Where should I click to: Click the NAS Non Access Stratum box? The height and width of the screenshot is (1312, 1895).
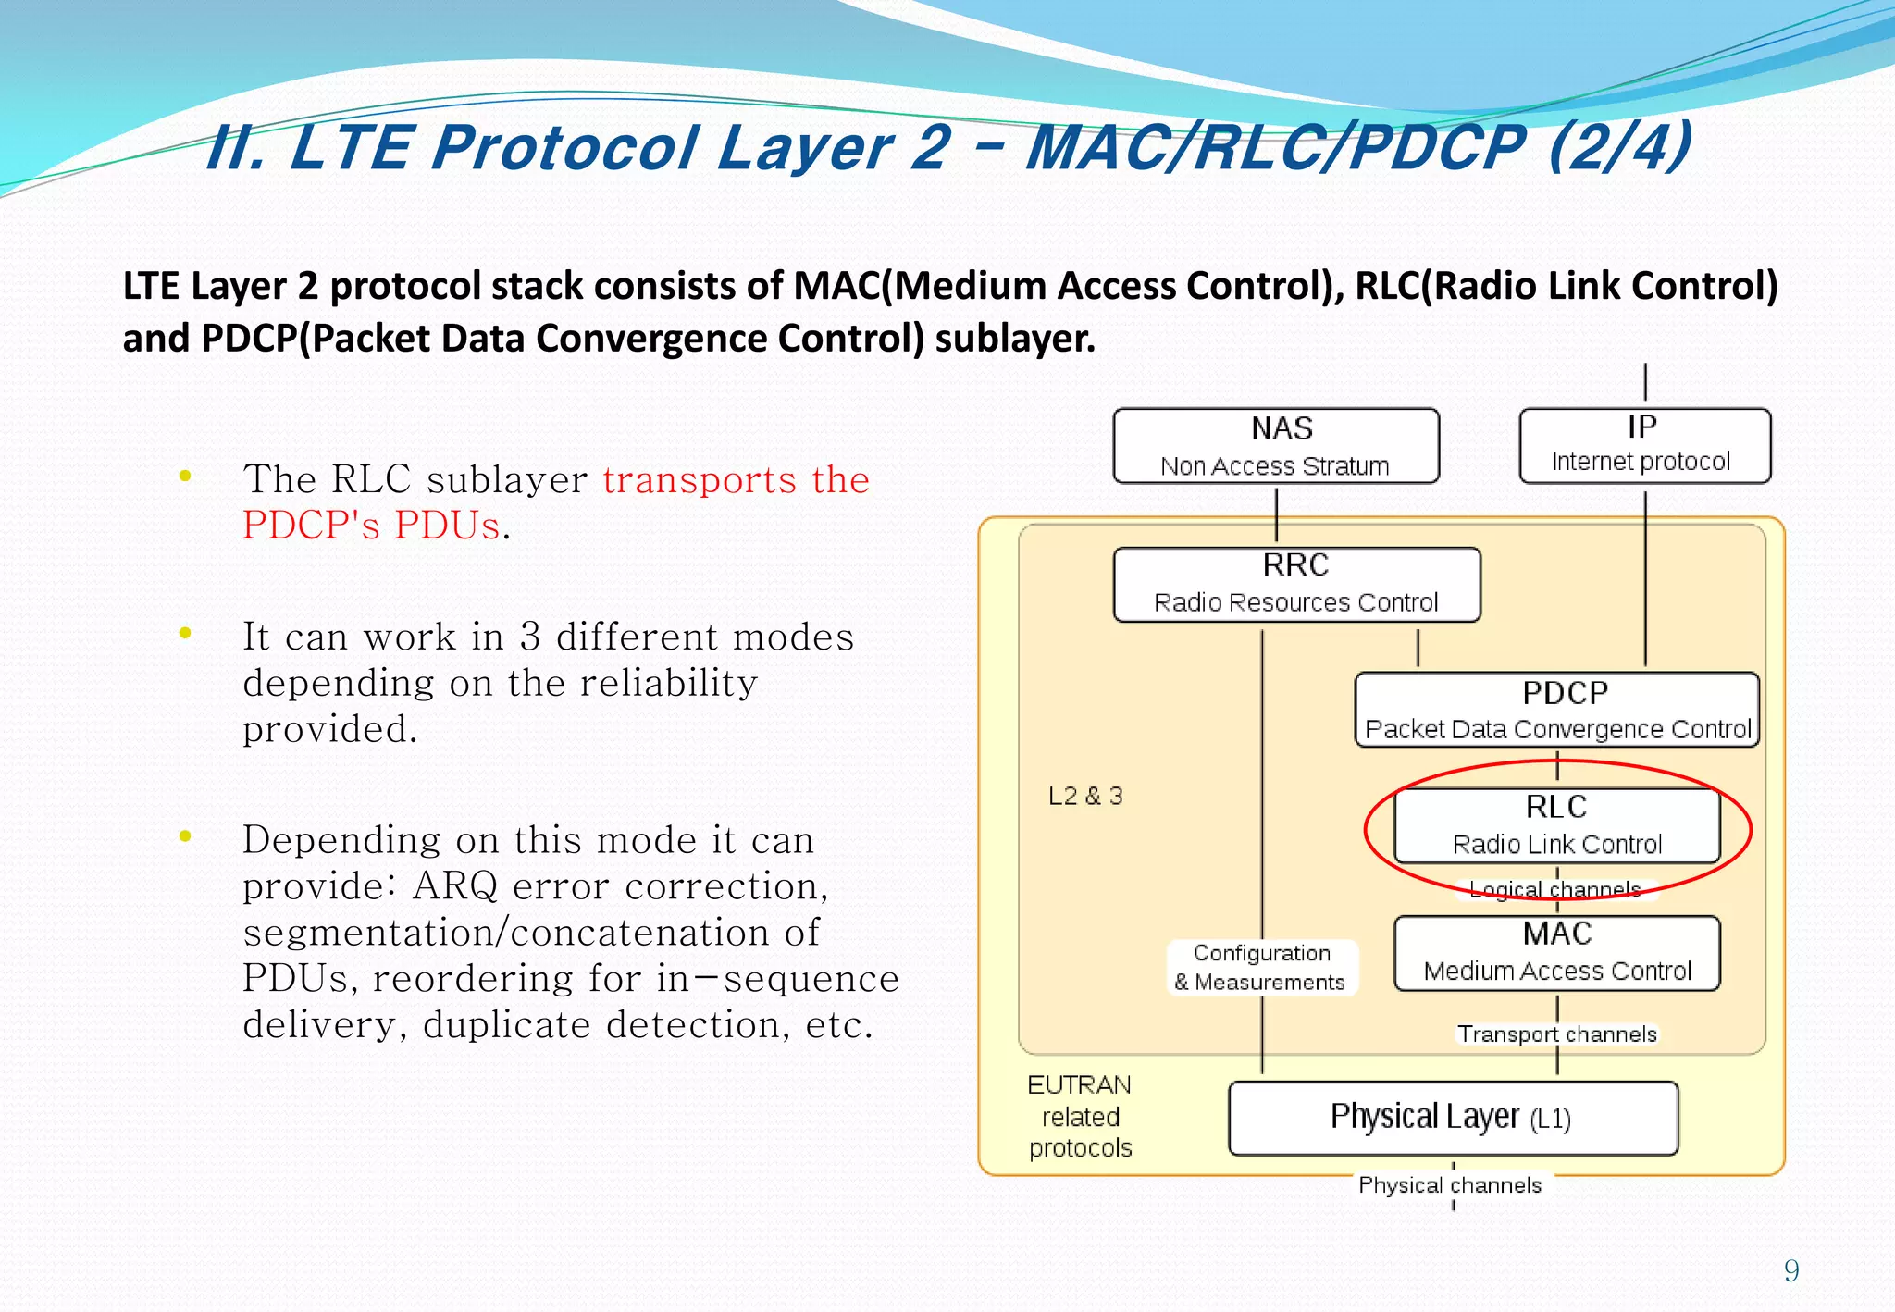pos(1275,446)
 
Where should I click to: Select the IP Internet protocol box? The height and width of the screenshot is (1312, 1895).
pos(1644,445)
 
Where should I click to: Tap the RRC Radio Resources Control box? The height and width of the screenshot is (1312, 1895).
pos(1295,584)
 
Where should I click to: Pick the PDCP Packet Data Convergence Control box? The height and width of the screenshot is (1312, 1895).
pos(1556,710)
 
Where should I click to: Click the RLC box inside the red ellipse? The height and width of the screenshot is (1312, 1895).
pos(1556,825)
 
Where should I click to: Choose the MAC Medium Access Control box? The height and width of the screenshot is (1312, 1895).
pos(1556,953)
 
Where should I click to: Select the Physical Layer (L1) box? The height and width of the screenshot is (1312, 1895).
pos(1453,1118)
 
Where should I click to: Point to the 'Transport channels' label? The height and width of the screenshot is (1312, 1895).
pos(1556,1034)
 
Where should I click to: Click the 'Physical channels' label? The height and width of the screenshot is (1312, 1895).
pos(1450,1185)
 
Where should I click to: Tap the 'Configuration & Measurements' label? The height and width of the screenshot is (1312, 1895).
pos(1262,967)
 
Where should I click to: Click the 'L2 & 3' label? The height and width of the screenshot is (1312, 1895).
pos(1085,796)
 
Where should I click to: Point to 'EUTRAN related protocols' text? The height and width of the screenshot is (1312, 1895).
pos(1080,1116)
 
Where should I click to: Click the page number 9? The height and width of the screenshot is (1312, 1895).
pos(1791,1270)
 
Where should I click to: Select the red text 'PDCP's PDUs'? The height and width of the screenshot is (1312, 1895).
pos(371,526)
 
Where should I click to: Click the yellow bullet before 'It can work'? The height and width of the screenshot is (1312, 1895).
pos(185,634)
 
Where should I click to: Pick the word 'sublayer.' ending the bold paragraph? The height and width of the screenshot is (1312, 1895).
pos(1014,339)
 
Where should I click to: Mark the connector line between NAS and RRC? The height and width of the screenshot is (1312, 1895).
pos(1276,514)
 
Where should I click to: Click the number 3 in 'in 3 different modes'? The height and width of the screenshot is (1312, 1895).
pos(529,637)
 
